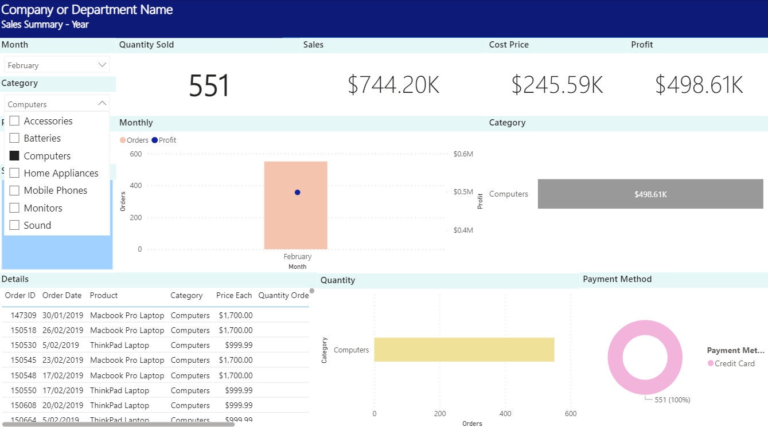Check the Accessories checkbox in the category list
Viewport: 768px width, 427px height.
(x=14, y=121)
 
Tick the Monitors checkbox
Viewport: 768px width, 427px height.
(x=14, y=208)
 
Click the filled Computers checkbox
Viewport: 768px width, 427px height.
(x=14, y=156)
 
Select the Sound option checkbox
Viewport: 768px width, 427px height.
(x=14, y=225)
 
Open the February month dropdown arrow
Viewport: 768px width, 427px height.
(x=102, y=65)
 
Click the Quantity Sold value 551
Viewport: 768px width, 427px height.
(x=209, y=85)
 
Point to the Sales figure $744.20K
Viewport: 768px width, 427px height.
(x=393, y=85)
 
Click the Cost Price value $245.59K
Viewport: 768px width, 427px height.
(x=557, y=85)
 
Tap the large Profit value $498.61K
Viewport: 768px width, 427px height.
(x=699, y=85)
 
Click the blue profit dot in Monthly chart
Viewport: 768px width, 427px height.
(x=297, y=193)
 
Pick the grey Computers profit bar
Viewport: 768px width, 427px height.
(x=650, y=194)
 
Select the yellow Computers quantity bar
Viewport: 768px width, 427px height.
(x=463, y=350)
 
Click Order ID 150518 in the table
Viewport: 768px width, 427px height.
(x=24, y=330)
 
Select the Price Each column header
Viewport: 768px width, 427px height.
(x=233, y=295)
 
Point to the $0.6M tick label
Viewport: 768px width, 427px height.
(x=463, y=154)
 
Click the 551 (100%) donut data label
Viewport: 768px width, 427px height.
(x=672, y=399)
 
